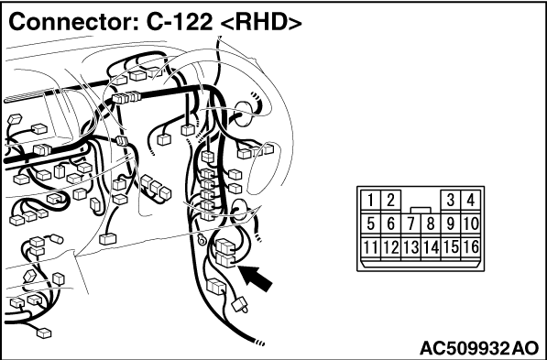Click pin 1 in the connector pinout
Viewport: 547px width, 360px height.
[371, 201]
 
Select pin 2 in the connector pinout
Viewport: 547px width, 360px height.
[390, 201]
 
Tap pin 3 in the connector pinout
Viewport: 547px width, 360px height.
[451, 201]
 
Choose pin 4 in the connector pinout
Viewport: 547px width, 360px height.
[471, 201]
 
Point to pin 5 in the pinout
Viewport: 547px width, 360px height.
[371, 224]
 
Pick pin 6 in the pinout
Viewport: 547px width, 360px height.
[390, 224]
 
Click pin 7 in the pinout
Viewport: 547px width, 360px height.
[411, 224]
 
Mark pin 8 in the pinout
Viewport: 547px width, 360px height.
[431, 224]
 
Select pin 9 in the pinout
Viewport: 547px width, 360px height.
[451, 224]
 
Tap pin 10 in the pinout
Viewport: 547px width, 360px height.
[471, 224]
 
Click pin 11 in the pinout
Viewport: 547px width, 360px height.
[371, 247]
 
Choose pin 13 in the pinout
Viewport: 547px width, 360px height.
[411, 247]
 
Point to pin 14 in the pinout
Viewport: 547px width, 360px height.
[431, 247]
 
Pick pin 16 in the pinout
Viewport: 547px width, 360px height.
[471, 247]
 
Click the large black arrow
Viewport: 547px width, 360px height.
[257, 278]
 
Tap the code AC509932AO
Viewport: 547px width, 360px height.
[479, 348]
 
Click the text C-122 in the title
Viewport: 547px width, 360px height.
[179, 23]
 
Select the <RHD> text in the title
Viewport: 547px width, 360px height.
[261, 23]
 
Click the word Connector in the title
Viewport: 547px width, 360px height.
[74, 23]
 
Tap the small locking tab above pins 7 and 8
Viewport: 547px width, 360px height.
[421, 210]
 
